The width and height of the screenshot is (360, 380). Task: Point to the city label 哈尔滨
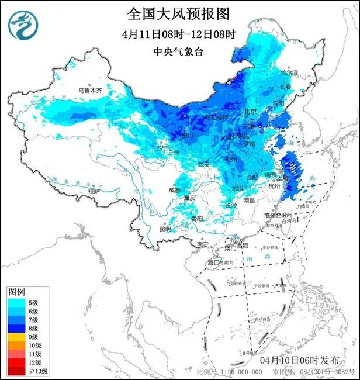tap(289, 73)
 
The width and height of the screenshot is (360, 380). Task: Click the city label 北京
tap(250, 112)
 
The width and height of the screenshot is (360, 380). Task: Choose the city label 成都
tap(175, 190)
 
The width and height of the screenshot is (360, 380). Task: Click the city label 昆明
tap(165, 229)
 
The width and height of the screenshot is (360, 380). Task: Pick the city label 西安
tap(203, 165)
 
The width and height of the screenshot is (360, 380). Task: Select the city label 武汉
tap(238, 188)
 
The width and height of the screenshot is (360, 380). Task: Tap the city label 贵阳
tap(196, 219)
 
